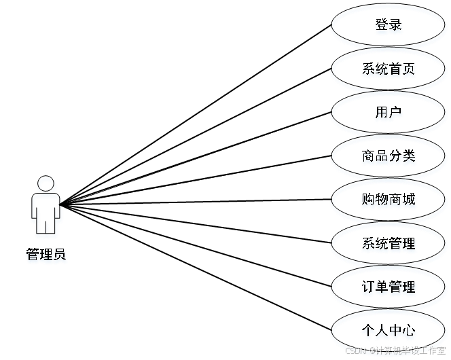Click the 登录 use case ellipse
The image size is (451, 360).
tap(388, 26)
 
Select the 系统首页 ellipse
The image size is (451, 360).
tap(388, 70)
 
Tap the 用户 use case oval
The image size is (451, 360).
tap(388, 113)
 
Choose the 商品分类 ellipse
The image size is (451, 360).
tap(388, 157)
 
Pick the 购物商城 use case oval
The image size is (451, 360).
tap(388, 200)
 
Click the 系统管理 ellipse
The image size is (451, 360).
tap(388, 244)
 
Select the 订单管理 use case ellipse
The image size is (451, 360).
tap(388, 287)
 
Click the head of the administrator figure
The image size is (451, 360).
tap(46, 185)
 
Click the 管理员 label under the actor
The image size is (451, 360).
tap(46, 256)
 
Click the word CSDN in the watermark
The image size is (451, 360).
tap(355, 350)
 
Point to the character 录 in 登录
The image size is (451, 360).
tap(395, 26)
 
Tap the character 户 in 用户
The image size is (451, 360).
tap(395, 113)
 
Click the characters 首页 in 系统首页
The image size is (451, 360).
tap(402, 70)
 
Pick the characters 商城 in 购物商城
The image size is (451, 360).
tap(402, 200)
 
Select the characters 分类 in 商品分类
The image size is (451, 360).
tap(402, 157)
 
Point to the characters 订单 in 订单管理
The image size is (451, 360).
tap(374, 287)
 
